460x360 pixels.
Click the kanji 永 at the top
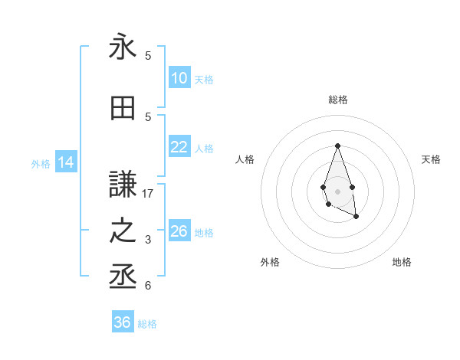point(123,47)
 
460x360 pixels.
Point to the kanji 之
point(123,231)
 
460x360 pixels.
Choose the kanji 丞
point(123,276)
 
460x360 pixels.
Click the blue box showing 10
point(179,78)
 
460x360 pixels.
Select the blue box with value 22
point(179,147)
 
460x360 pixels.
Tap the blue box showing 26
point(179,231)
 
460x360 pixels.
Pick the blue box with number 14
point(65,162)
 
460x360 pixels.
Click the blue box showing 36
point(123,322)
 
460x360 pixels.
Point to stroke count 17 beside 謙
point(148,194)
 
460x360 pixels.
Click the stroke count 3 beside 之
point(148,240)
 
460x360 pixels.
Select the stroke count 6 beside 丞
point(148,286)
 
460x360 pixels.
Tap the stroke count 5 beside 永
point(148,56)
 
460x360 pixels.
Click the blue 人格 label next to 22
point(204,149)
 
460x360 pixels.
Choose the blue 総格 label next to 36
point(147,324)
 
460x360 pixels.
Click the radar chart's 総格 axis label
point(338,100)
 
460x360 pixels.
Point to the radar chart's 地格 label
point(402,262)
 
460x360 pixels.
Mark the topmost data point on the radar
point(337,146)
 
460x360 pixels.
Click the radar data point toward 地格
point(357,217)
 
